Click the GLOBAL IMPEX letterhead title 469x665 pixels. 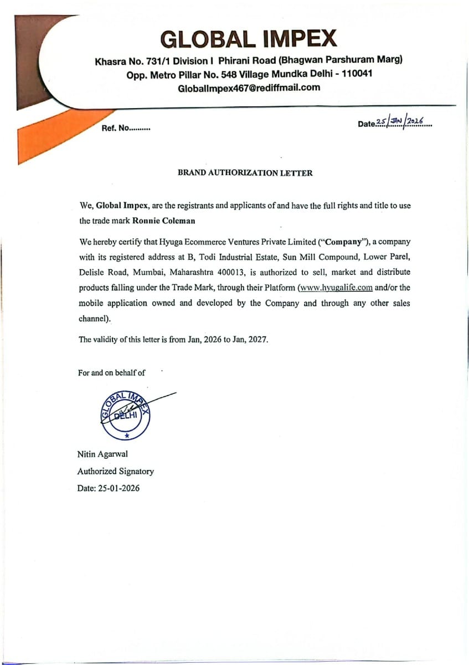click(x=248, y=39)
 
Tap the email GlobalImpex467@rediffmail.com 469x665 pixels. click(x=249, y=88)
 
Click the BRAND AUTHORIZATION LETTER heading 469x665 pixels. click(x=245, y=173)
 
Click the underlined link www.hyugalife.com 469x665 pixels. click(x=335, y=288)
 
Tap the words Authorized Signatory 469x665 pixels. click(x=116, y=472)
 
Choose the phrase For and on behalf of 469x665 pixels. click(x=111, y=373)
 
